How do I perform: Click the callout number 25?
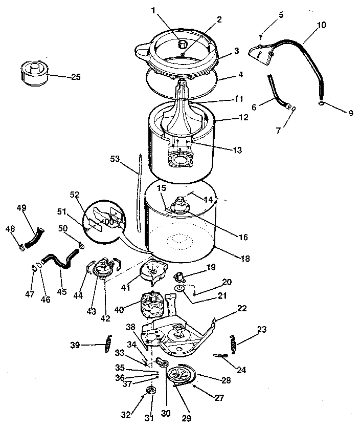click(75, 77)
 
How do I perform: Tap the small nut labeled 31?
click(151, 391)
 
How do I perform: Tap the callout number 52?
click(75, 195)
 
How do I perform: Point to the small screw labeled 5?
click(261, 35)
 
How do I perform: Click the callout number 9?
click(350, 113)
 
